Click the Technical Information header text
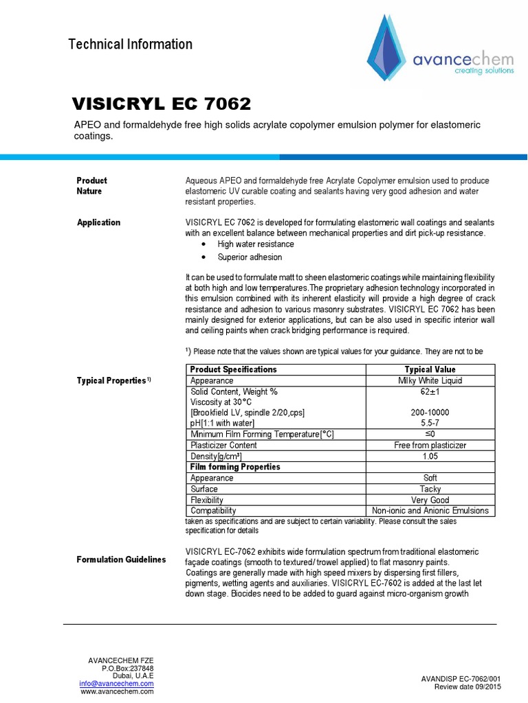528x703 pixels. pyautogui.click(x=131, y=45)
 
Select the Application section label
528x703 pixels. pyautogui.click(x=98, y=222)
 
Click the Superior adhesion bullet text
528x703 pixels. pyautogui.click(x=250, y=257)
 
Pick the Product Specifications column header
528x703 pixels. pyautogui.click(x=233, y=369)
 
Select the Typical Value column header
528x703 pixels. pyautogui.click(x=430, y=369)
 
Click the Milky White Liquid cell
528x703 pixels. pyautogui.click(x=430, y=380)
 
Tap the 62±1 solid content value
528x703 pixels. pyautogui.click(x=430, y=391)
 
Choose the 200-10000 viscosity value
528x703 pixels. pyautogui.click(x=430, y=413)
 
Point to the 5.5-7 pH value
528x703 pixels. pyautogui.click(x=430, y=424)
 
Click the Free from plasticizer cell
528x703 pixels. pyautogui.click(x=430, y=445)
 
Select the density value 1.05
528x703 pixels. pyautogui.click(x=430, y=456)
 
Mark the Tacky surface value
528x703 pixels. pyautogui.click(x=430, y=489)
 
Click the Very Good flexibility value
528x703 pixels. pyautogui.click(x=430, y=500)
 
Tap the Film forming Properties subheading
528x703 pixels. pyautogui.click(x=234, y=467)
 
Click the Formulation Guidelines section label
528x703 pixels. pyautogui.click(x=121, y=560)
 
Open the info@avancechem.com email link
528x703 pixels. pyautogui.click(x=116, y=684)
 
